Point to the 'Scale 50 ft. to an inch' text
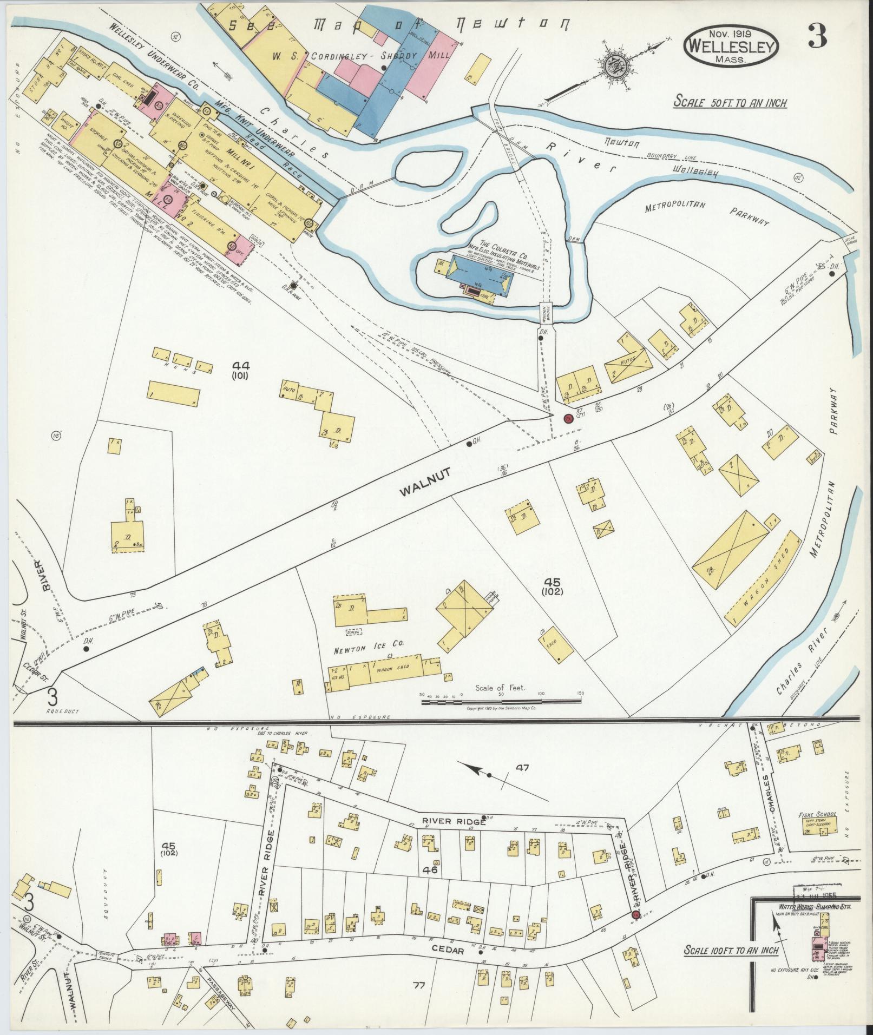(x=730, y=102)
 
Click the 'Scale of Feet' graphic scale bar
(x=501, y=702)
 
